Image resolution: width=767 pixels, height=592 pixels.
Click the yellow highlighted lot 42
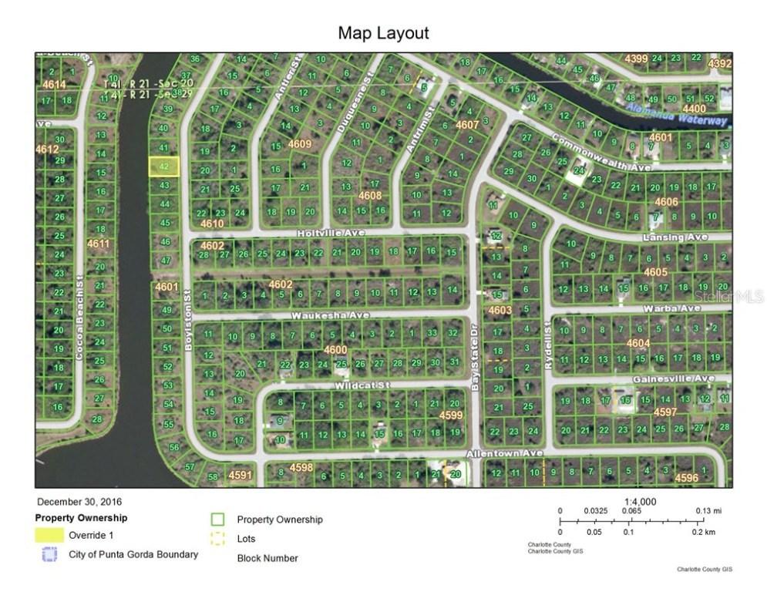[x=163, y=166]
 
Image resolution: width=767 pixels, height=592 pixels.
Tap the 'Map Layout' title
[x=383, y=33]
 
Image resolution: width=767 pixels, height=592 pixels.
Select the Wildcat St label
[x=363, y=384]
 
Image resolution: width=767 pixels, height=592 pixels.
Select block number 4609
[x=299, y=144]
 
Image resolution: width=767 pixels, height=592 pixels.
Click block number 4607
[x=467, y=124]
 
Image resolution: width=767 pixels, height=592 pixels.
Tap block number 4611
[x=99, y=244]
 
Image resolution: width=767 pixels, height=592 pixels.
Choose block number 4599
[x=451, y=415]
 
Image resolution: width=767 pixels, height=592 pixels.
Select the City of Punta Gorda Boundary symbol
[x=49, y=554]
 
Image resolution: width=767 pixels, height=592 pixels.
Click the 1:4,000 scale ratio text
[x=641, y=501]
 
